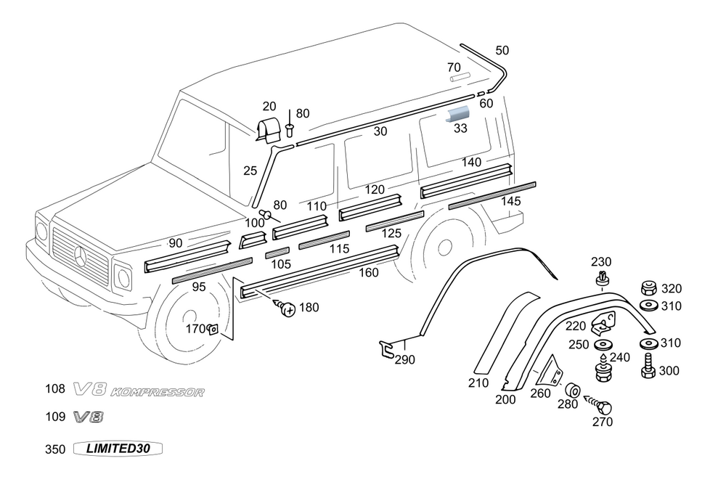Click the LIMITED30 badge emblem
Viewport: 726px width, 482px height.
coord(118,449)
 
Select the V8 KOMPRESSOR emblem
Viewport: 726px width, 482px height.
coord(138,392)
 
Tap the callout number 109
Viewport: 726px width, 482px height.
coord(55,417)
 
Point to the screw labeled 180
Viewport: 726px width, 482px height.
coord(287,309)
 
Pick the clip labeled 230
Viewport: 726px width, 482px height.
coord(602,279)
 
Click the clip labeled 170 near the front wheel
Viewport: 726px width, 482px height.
coord(213,330)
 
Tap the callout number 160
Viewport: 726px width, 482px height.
coord(369,273)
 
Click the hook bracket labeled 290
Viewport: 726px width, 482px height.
coord(389,349)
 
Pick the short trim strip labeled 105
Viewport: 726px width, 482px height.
coord(277,253)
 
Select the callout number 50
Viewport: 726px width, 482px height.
coord(502,50)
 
